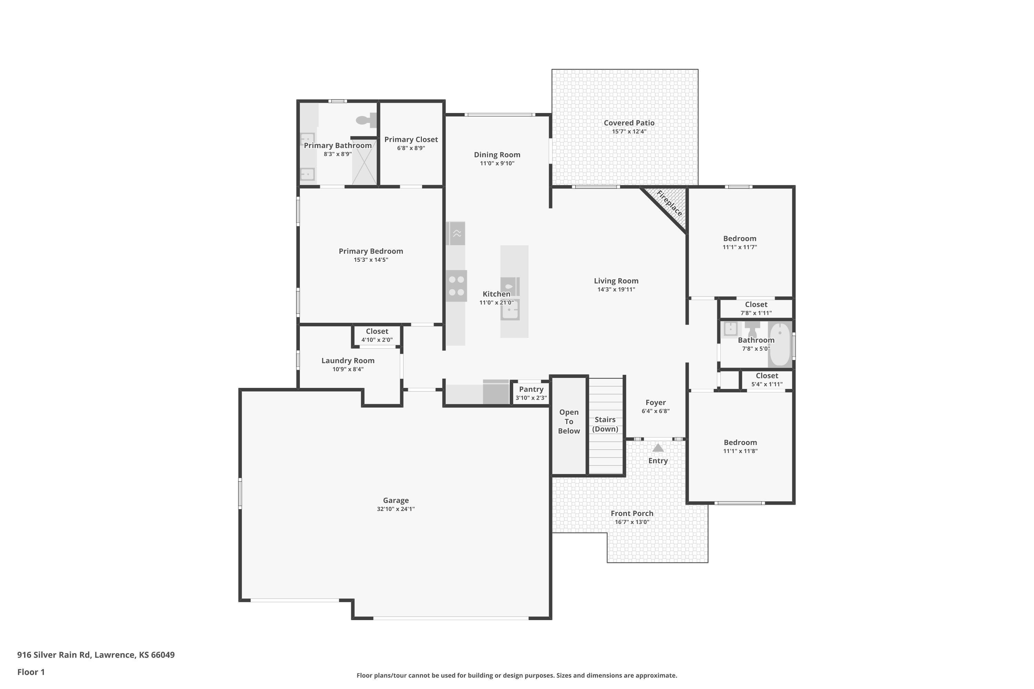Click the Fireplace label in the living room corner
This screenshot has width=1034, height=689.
[670, 203]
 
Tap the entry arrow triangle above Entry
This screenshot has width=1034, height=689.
[658, 448]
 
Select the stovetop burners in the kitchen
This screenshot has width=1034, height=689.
[456, 286]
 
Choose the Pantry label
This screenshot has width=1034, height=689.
[531, 389]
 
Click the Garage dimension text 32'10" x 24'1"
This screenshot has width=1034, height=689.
[396, 509]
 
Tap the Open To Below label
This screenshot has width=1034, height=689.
[569, 421]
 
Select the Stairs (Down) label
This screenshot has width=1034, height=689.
[605, 424]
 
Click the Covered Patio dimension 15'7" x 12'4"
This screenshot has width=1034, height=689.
[629, 131]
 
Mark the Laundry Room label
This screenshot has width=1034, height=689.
[348, 361]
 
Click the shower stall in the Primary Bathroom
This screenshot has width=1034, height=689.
[364, 161]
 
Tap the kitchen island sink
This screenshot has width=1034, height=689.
[510, 310]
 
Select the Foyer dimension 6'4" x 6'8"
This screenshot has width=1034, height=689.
[656, 411]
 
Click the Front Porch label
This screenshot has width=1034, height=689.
[632, 513]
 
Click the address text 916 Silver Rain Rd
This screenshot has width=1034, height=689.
[54, 655]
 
